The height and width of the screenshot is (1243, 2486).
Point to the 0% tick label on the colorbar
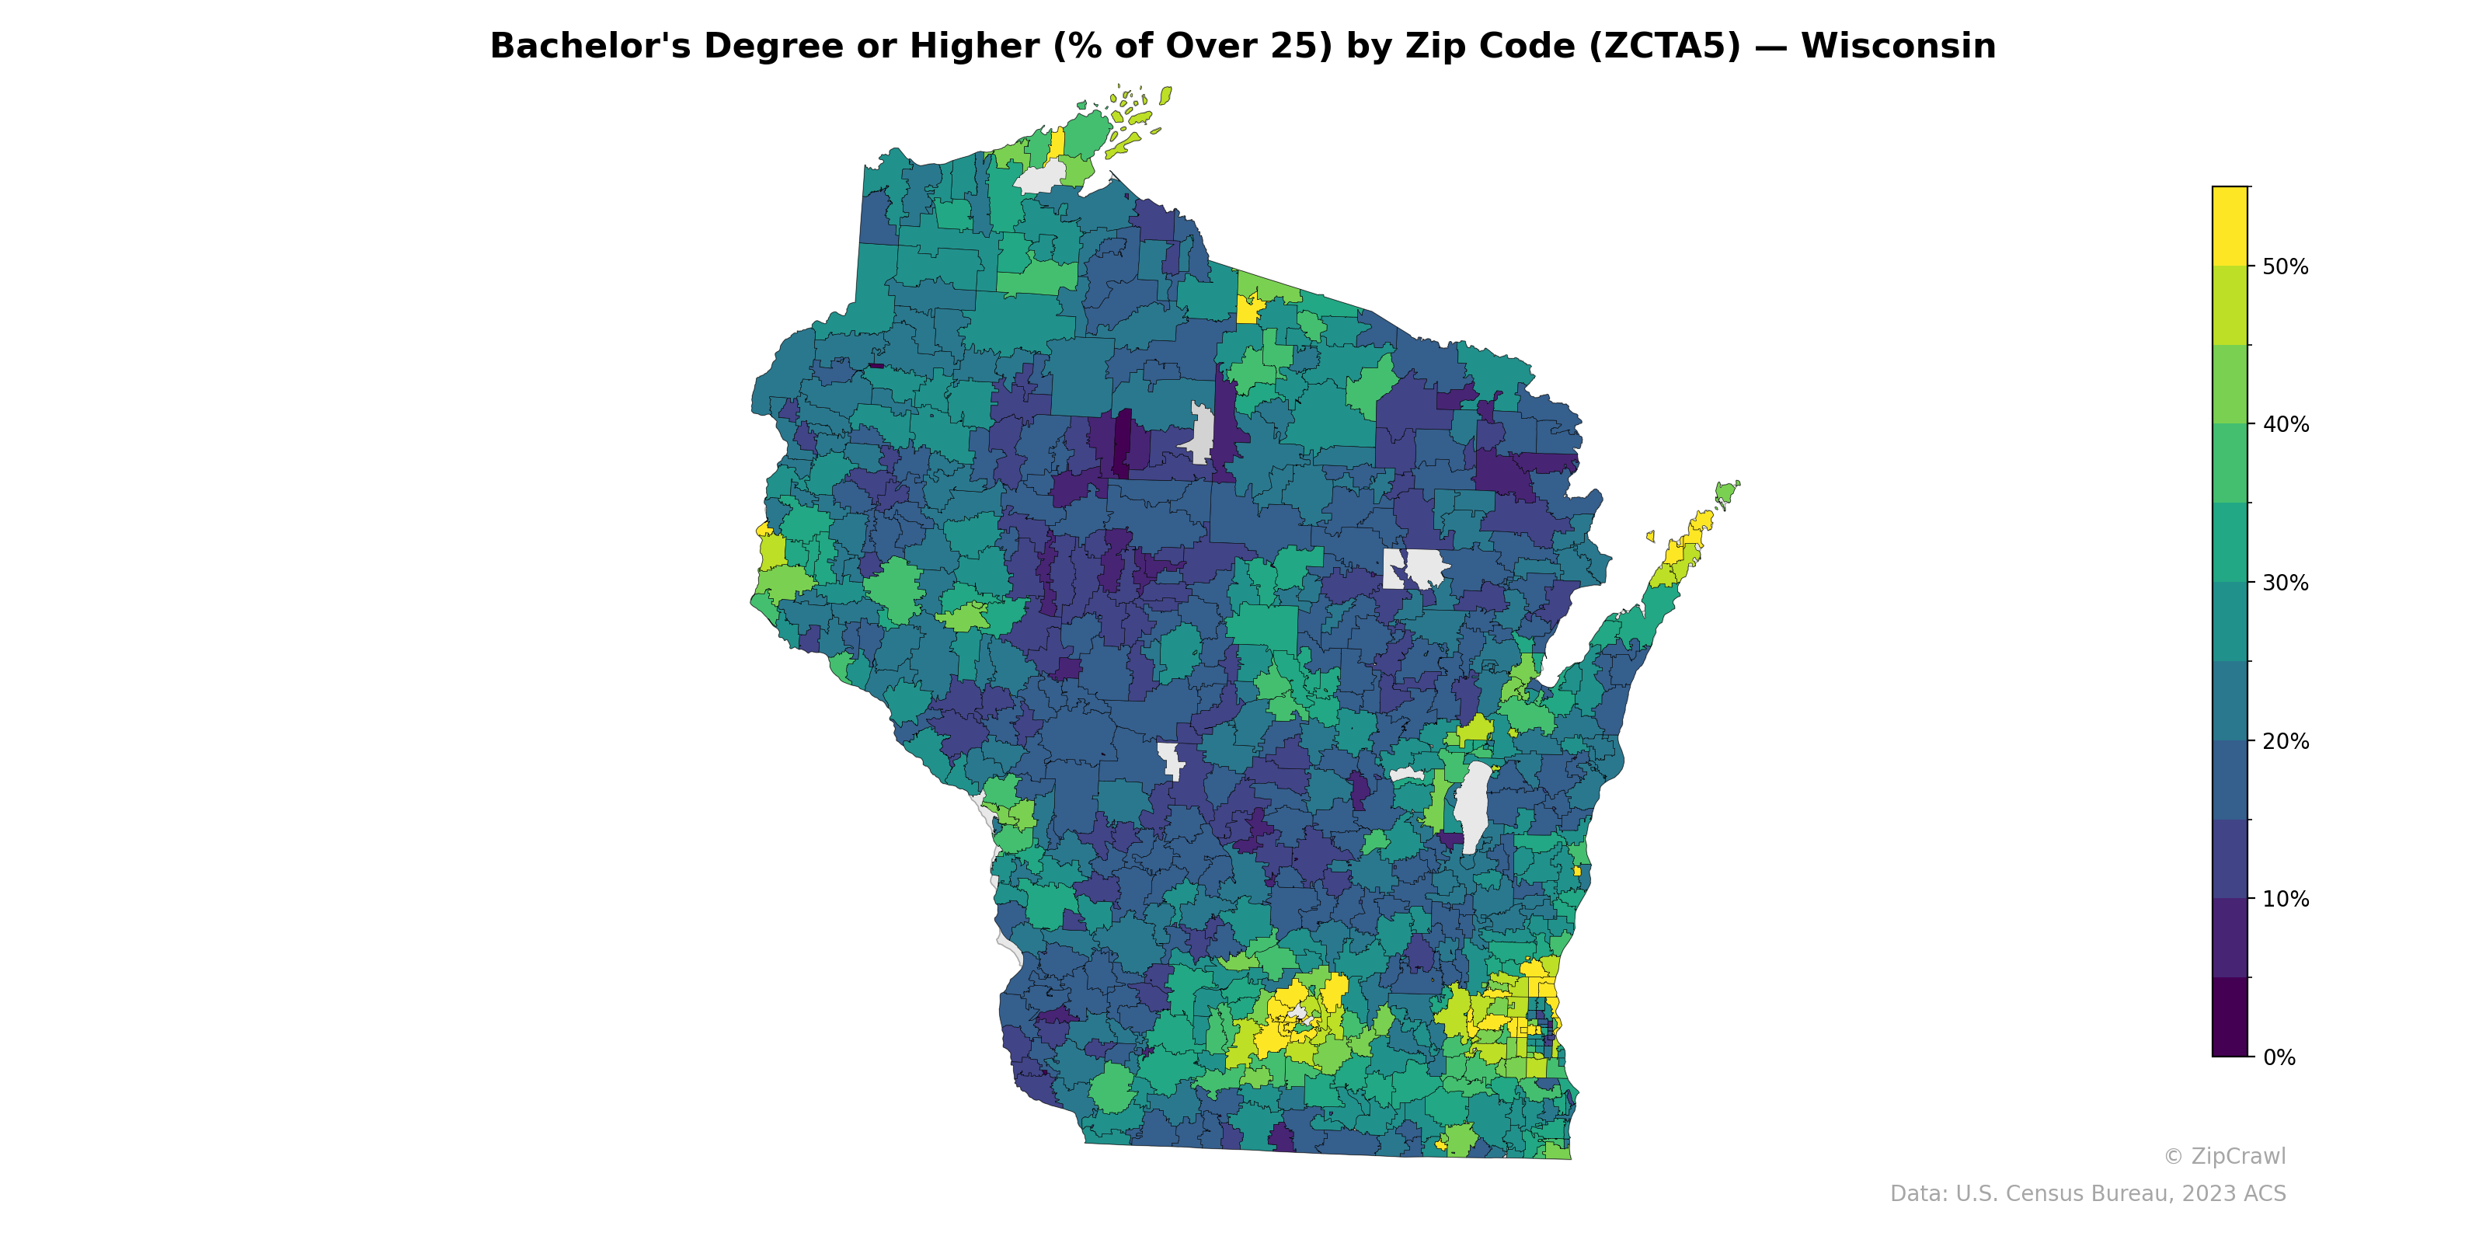coord(2279,1057)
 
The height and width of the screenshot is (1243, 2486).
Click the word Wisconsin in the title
coord(1897,47)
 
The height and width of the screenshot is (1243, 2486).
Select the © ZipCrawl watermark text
coord(2223,1156)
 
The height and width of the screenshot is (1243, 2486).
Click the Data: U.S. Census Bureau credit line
coord(2087,1194)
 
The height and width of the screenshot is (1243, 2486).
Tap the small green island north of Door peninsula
coord(1725,493)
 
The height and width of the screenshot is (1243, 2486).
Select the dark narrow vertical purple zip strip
coord(1123,442)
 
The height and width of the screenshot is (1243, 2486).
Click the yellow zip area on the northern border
coord(1248,309)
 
